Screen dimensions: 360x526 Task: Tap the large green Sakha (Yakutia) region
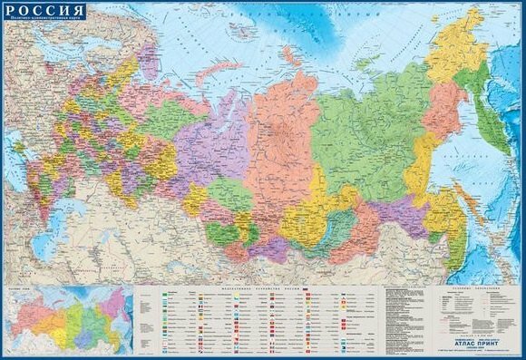[x=363, y=136]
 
